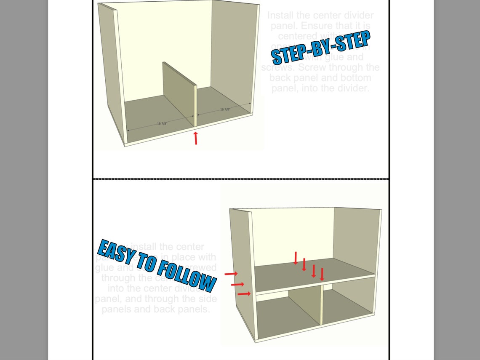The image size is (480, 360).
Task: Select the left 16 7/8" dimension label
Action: pos(162,123)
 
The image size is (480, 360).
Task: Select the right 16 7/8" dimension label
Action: pos(225,109)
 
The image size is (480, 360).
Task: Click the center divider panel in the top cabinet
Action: pos(179,93)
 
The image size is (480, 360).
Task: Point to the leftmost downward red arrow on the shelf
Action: pos(296,258)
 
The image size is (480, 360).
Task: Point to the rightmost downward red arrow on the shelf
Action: pos(322,274)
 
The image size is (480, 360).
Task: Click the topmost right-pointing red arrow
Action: pos(231,274)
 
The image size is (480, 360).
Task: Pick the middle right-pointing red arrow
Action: pos(237,284)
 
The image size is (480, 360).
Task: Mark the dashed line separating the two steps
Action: pos(240,179)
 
